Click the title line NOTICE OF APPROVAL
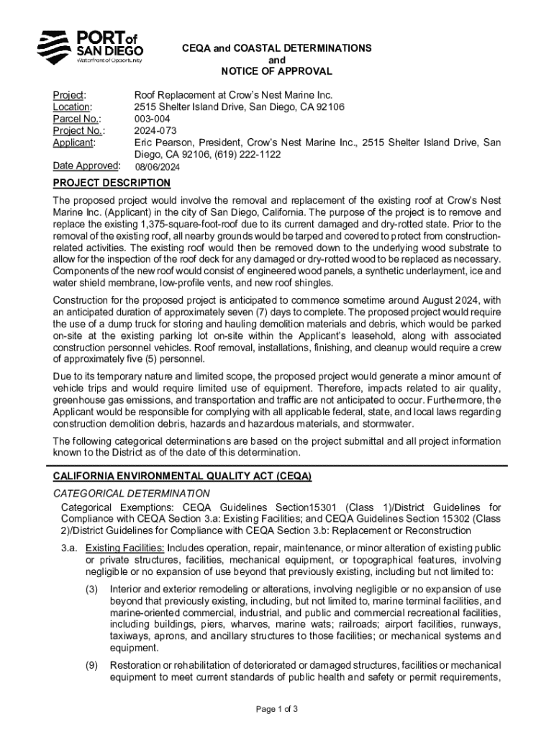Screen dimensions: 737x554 click(276, 71)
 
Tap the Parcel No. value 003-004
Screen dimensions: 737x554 click(153, 119)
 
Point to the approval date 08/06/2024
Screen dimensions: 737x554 click(158, 168)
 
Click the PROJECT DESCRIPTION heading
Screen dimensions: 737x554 click(112, 183)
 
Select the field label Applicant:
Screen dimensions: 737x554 click(74, 143)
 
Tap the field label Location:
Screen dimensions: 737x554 click(72, 107)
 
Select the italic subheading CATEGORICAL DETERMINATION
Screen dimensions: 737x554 click(132, 493)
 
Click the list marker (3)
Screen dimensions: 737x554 click(91, 589)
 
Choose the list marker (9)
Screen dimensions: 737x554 click(91, 665)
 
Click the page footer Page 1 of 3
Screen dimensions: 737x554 click(277, 709)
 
